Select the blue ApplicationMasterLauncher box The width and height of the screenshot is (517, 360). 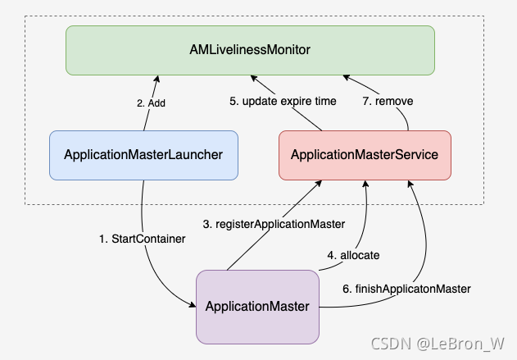click(143, 155)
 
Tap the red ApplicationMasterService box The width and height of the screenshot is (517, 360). click(365, 155)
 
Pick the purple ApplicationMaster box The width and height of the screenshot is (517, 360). click(256, 306)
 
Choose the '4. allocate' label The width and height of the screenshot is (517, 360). click(353, 255)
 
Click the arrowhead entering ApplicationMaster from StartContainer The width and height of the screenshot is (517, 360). click(192, 306)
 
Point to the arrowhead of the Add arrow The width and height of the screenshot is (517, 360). click(155, 78)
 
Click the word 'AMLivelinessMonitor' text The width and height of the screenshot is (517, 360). click(250, 50)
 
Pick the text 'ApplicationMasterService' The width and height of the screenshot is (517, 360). click(365, 155)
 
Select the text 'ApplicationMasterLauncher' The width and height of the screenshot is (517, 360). click(143, 155)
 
